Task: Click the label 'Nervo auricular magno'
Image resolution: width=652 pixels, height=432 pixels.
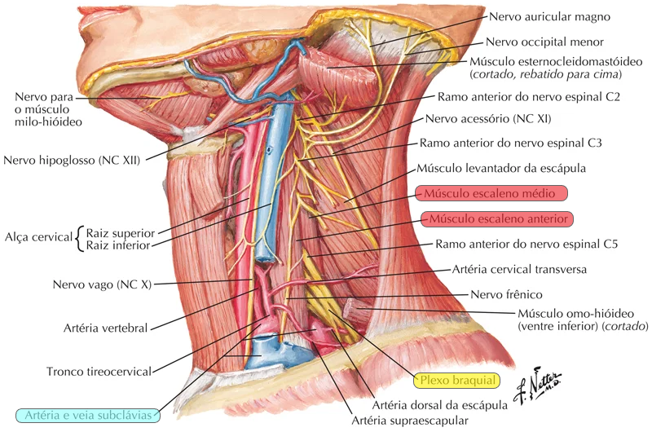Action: [x=549, y=16]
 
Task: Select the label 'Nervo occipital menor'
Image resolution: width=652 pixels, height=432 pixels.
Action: [x=544, y=42]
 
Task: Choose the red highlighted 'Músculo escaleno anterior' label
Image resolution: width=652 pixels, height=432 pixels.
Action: [x=498, y=218]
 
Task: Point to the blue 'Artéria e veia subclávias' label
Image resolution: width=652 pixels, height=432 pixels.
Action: [x=88, y=414]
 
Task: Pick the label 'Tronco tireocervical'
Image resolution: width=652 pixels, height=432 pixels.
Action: [x=99, y=371]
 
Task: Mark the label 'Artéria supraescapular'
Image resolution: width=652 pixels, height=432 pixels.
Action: [x=410, y=421]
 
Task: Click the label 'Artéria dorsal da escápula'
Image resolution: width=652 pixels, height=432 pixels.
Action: [x=434, y=404]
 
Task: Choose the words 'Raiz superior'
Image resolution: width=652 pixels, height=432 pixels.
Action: [x=119, y=232]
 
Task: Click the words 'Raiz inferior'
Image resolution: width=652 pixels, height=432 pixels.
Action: [x=118, y=245]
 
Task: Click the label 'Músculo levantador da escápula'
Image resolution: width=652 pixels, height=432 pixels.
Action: [x=501, y=168]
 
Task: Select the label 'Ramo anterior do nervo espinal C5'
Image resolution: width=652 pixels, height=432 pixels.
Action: [x=527, y=244]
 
